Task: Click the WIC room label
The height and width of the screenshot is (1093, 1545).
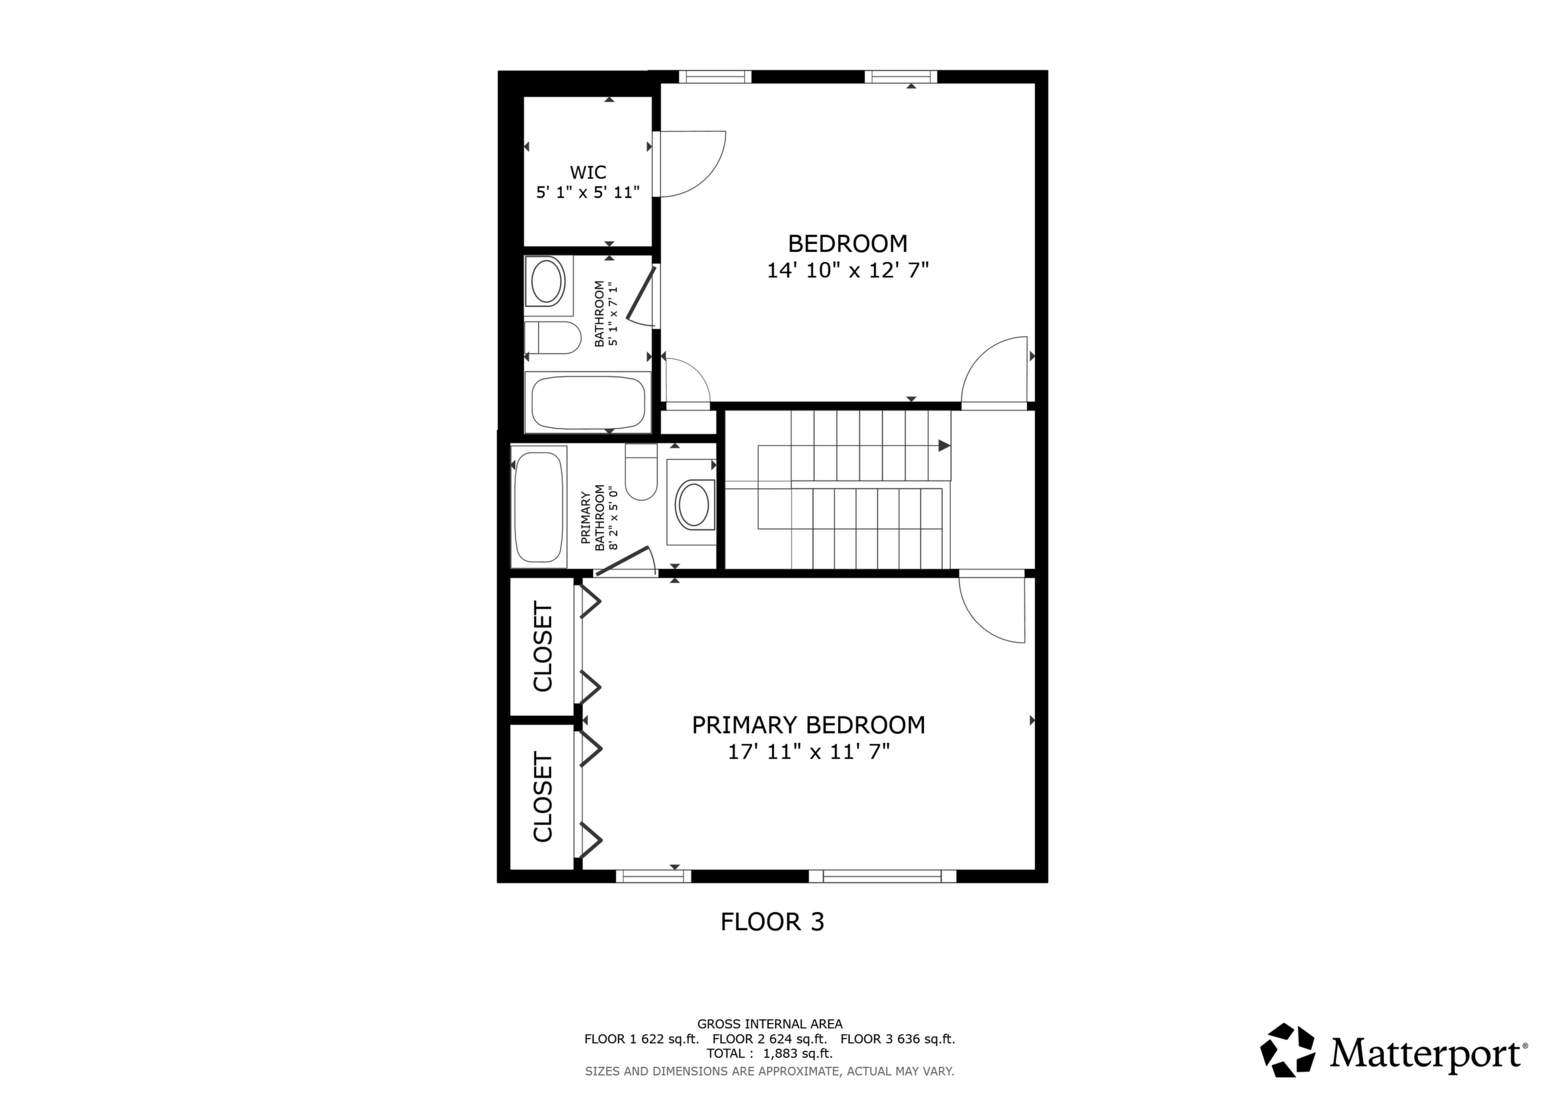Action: click(588, 172)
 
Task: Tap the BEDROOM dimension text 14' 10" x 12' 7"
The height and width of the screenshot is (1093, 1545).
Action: click(848, 271)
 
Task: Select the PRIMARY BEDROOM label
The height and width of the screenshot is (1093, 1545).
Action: click(809, 725)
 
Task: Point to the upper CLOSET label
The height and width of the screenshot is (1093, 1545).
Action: click(542, 646)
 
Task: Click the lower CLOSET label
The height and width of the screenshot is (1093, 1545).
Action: click(542, 797)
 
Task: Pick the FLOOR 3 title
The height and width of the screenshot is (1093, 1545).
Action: click(772, 921)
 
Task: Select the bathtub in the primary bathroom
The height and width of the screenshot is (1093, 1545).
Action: click(539, 507)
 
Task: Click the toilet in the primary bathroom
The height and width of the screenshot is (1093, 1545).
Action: click(641, 472)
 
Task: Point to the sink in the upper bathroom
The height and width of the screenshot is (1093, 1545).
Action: click(548, 281)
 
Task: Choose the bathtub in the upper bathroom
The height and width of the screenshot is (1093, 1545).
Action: click(588, 402)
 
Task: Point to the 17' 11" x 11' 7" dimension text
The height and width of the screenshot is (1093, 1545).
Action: click(809, 752)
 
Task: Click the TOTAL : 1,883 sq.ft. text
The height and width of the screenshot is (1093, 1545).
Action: click(770, 1053)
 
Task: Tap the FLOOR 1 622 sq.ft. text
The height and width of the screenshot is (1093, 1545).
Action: click(641, 1039)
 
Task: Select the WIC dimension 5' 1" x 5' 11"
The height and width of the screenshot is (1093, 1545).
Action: click(588, 193)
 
